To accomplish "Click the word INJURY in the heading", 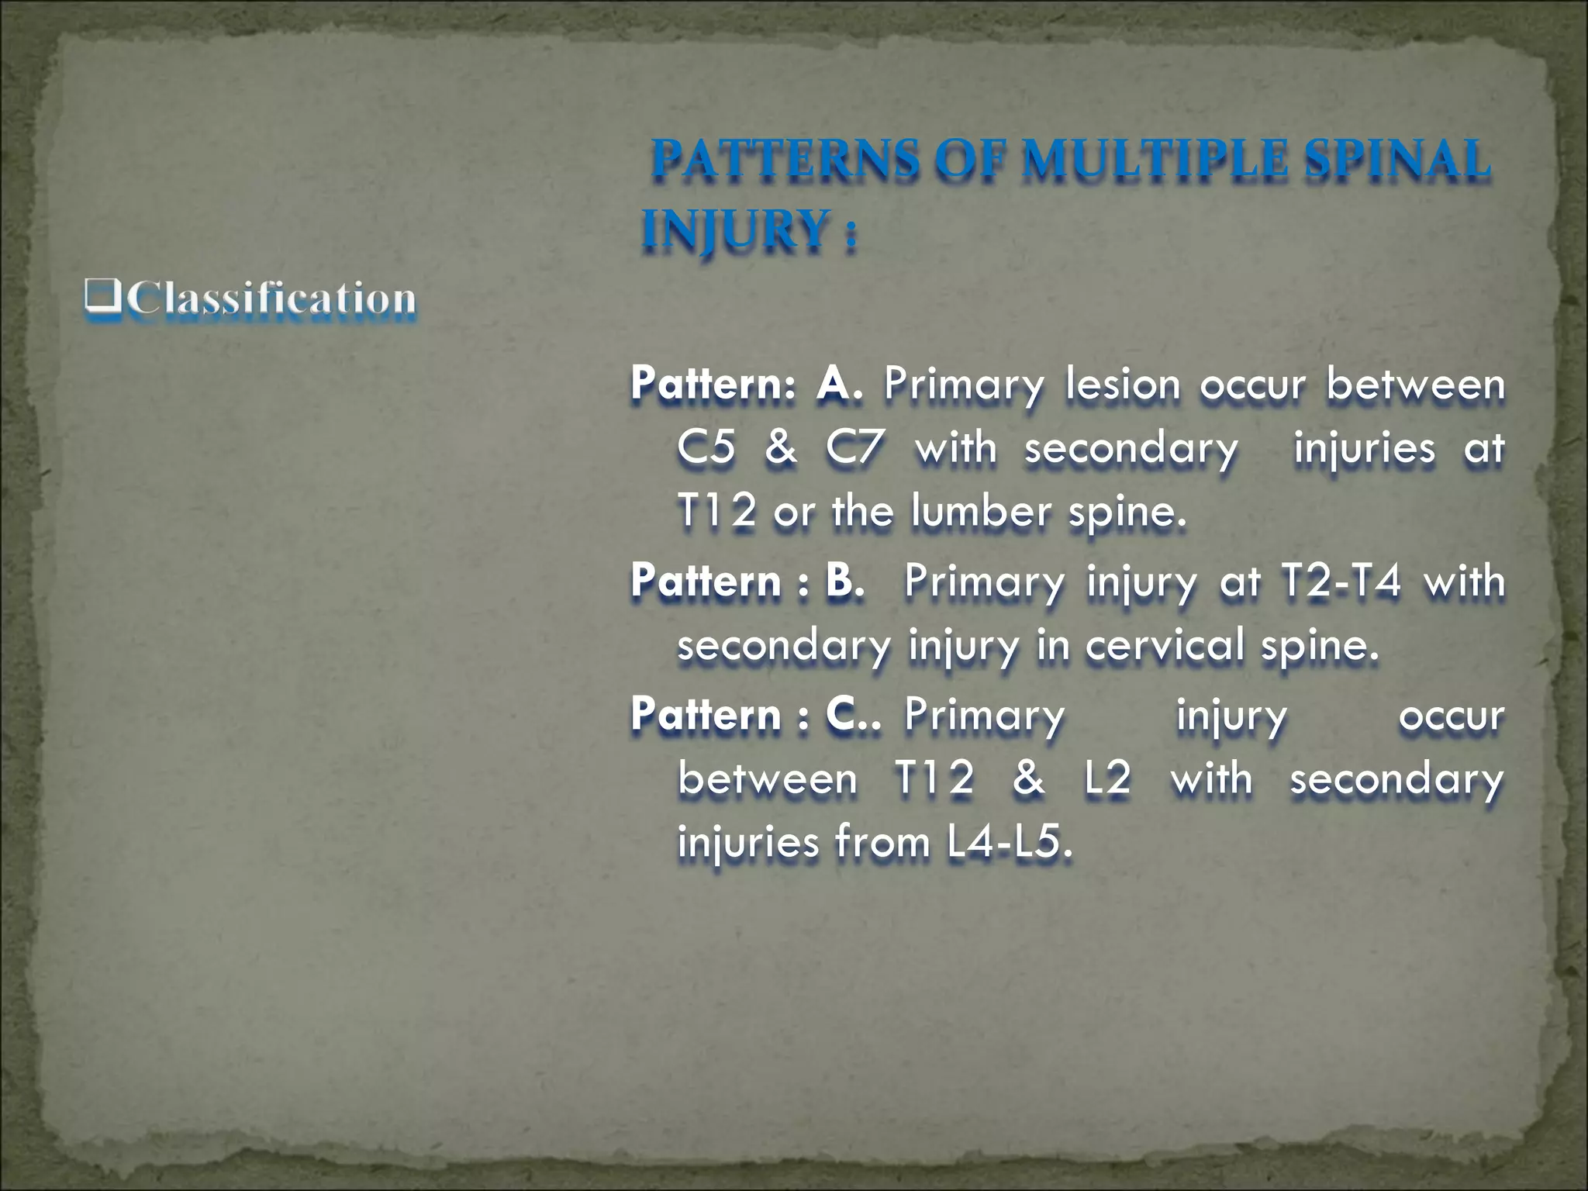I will pos(735,230).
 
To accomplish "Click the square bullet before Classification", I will pos(102,296).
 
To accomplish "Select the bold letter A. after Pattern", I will pos(838,384).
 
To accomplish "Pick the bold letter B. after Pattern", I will pos(844,581).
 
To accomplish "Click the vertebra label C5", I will pos(706,448).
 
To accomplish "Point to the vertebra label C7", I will pos(854,448).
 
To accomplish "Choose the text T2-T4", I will pos(1341,581).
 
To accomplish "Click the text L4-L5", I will pos(1009,842).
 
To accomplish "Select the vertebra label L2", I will pos(1107,778).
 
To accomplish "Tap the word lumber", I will pos(981,512).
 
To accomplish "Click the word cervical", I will pos(1164,645).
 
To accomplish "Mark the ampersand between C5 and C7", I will pos(780,448).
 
